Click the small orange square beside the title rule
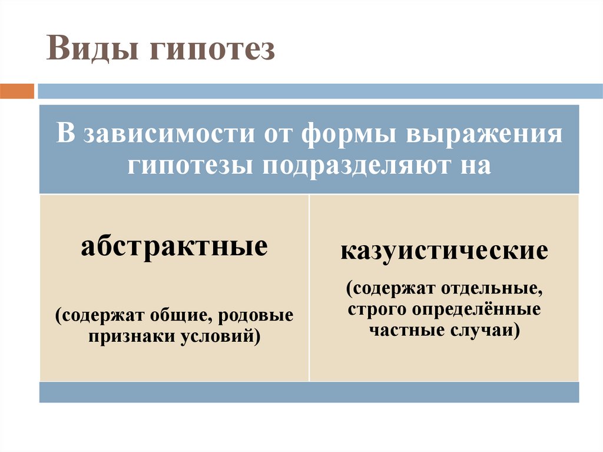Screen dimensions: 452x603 pyautogui.click(x=17, y=91)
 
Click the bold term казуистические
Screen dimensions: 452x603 pyautogui.click(x=444, y=252)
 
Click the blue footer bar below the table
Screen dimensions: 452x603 pyautogui.click(x=309, y=392)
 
